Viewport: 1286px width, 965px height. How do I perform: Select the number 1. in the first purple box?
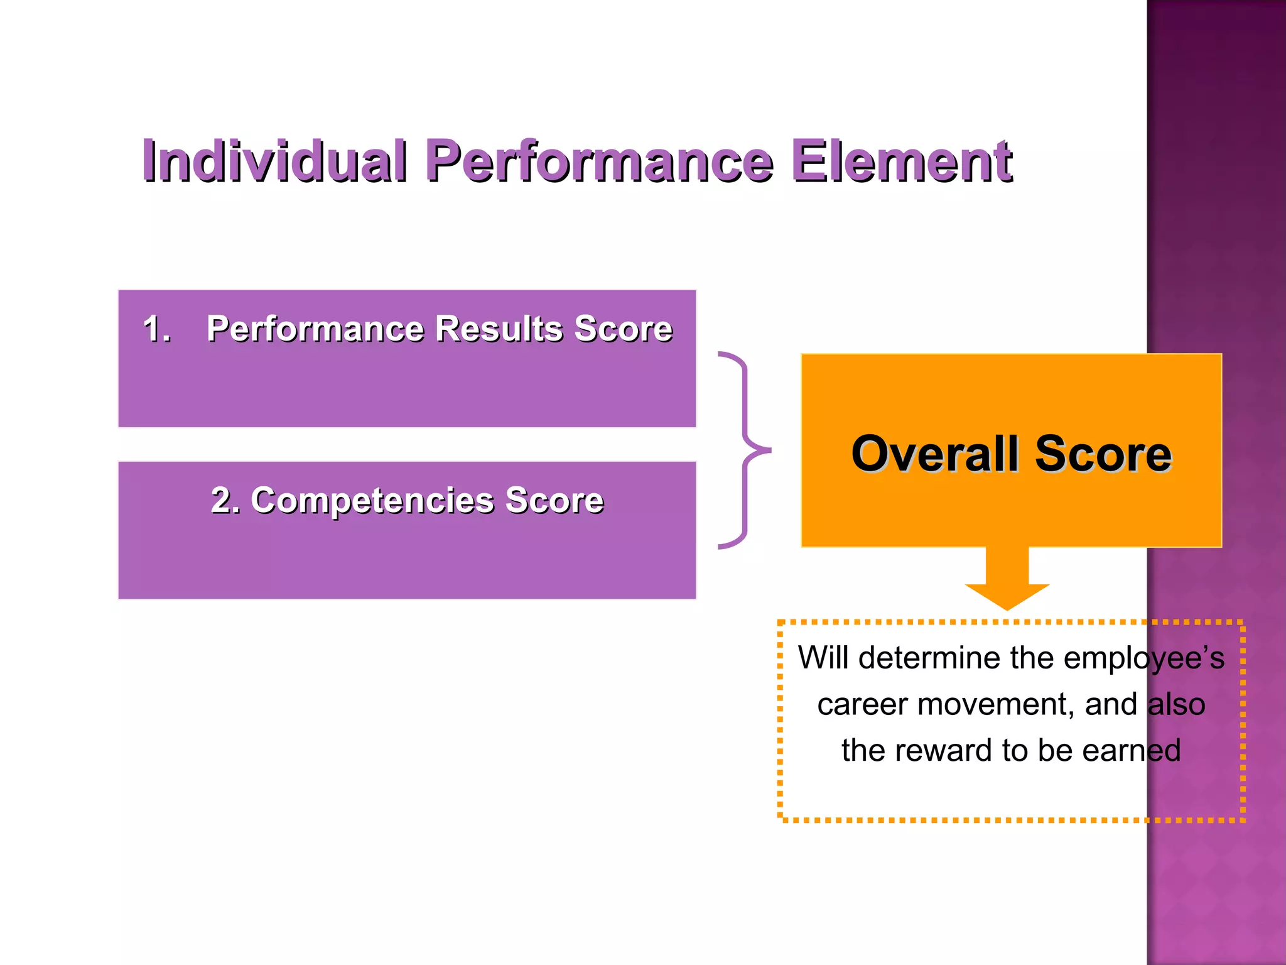157,329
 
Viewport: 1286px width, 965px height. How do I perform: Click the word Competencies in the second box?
372,500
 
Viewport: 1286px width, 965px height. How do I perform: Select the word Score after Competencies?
554,500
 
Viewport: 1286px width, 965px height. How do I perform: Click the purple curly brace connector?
745,450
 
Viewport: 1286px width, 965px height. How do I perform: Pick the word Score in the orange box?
1103,454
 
